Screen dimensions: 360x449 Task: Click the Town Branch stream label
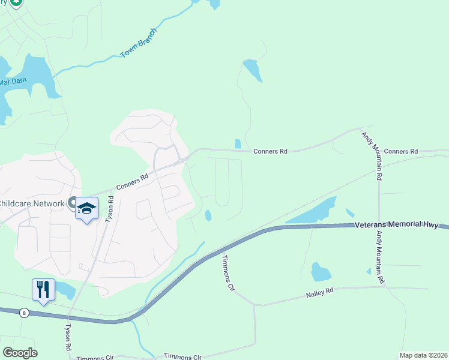(139, 43)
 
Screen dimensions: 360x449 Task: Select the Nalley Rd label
(319, 293)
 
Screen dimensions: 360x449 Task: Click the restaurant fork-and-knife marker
(43, 290)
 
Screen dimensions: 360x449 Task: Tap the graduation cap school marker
(87, 208)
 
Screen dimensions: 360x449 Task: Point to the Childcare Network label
(32, 203)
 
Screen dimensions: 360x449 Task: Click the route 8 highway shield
(24, 313)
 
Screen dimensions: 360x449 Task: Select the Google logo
(20, 353)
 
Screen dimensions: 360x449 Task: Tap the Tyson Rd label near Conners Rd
(110, 209)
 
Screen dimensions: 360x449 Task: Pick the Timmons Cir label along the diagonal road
(228, 273)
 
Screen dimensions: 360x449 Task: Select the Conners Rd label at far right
(400, 152)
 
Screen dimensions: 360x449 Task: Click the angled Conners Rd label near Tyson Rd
(133, 182)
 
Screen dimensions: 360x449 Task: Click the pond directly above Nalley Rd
(321, 272)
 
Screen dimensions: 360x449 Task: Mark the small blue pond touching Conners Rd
(238, 144)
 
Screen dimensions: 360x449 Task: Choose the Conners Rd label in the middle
(271, 152)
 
